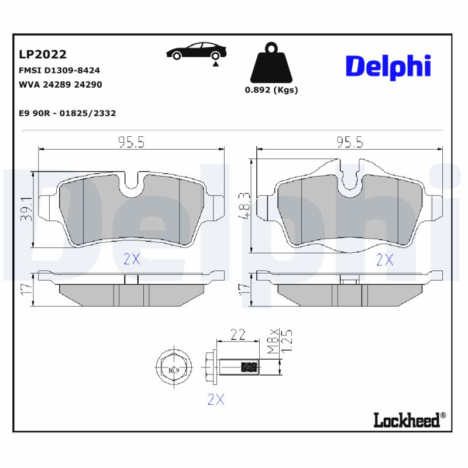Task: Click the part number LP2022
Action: pos(43,54)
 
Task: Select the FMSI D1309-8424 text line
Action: pos(60,70)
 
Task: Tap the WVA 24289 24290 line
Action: pos(61,84)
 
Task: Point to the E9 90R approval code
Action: pos(67,113)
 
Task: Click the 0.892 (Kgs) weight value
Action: pos(271,90)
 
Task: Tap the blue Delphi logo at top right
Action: pos(388,66)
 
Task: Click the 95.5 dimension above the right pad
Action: pos(350,142)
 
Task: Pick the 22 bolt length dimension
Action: pos(237,335)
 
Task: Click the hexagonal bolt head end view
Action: pos(173,369)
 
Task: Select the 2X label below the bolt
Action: pos(216,400)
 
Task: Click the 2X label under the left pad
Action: pos(132,260)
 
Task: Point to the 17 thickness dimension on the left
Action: pos(25,288)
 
